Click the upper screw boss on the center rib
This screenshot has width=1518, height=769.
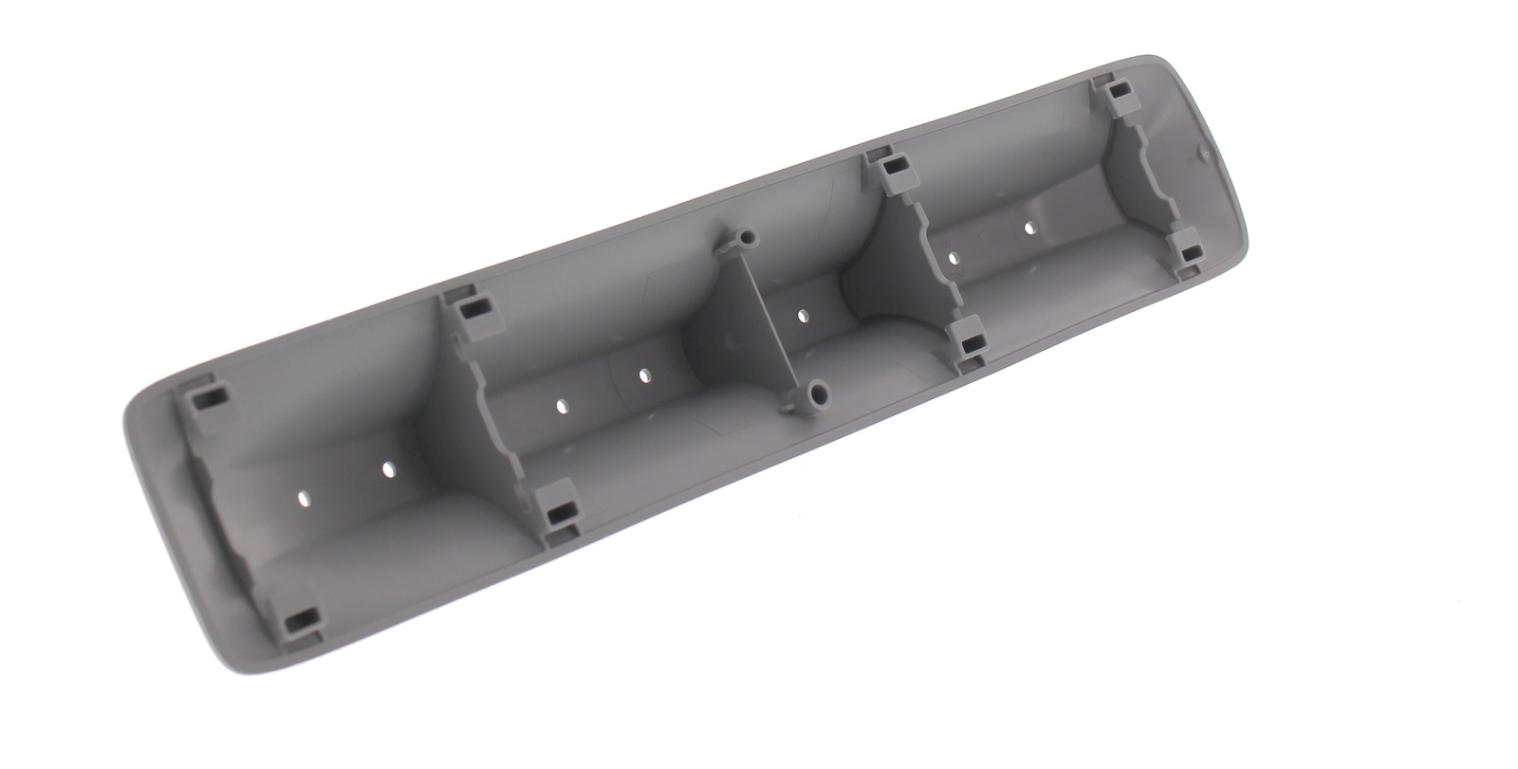coord(750,235)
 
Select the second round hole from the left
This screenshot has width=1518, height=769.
coord(387,469)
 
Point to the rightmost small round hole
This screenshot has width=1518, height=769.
coord(1029,228)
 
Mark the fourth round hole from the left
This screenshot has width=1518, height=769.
coord(644,376)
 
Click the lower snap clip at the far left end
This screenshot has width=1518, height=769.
coord(299,622)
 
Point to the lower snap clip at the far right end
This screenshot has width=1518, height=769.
coord(1189,252)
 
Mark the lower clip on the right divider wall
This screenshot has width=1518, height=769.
coord(969,343)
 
